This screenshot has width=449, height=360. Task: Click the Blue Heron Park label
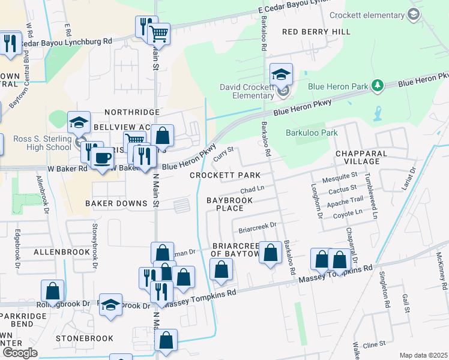coord(337,86)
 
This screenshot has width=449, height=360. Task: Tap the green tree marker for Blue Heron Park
coord(378,86)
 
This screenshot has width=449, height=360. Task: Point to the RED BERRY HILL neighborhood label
coord(307,31)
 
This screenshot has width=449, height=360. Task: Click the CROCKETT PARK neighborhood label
coord(225,175)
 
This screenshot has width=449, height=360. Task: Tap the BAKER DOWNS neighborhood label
coord(116,203)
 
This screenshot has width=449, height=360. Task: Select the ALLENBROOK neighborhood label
coord(62,253)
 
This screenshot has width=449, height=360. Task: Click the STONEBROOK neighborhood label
coord(85,338)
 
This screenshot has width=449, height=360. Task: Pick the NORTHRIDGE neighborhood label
coord(132,112)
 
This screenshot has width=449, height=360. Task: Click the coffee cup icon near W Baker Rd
coord(103,158)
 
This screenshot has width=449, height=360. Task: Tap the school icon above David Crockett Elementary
coord(281,74)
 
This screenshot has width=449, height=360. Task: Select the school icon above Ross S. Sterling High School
coord(79,123)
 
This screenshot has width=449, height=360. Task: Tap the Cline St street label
coord(373,345)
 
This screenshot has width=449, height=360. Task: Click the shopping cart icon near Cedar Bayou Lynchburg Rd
coord(158,34)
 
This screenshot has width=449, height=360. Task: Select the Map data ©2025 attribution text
coord(423,355)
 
